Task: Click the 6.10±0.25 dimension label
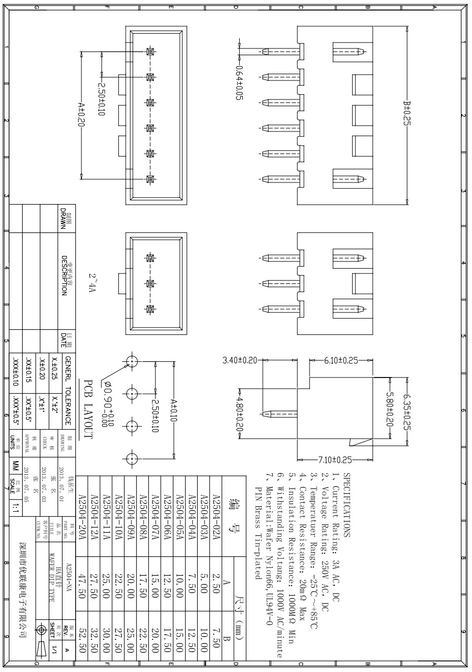pyautogui.click(x=342, y=360)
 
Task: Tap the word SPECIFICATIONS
pyautogui.click(x=346, y=504)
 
